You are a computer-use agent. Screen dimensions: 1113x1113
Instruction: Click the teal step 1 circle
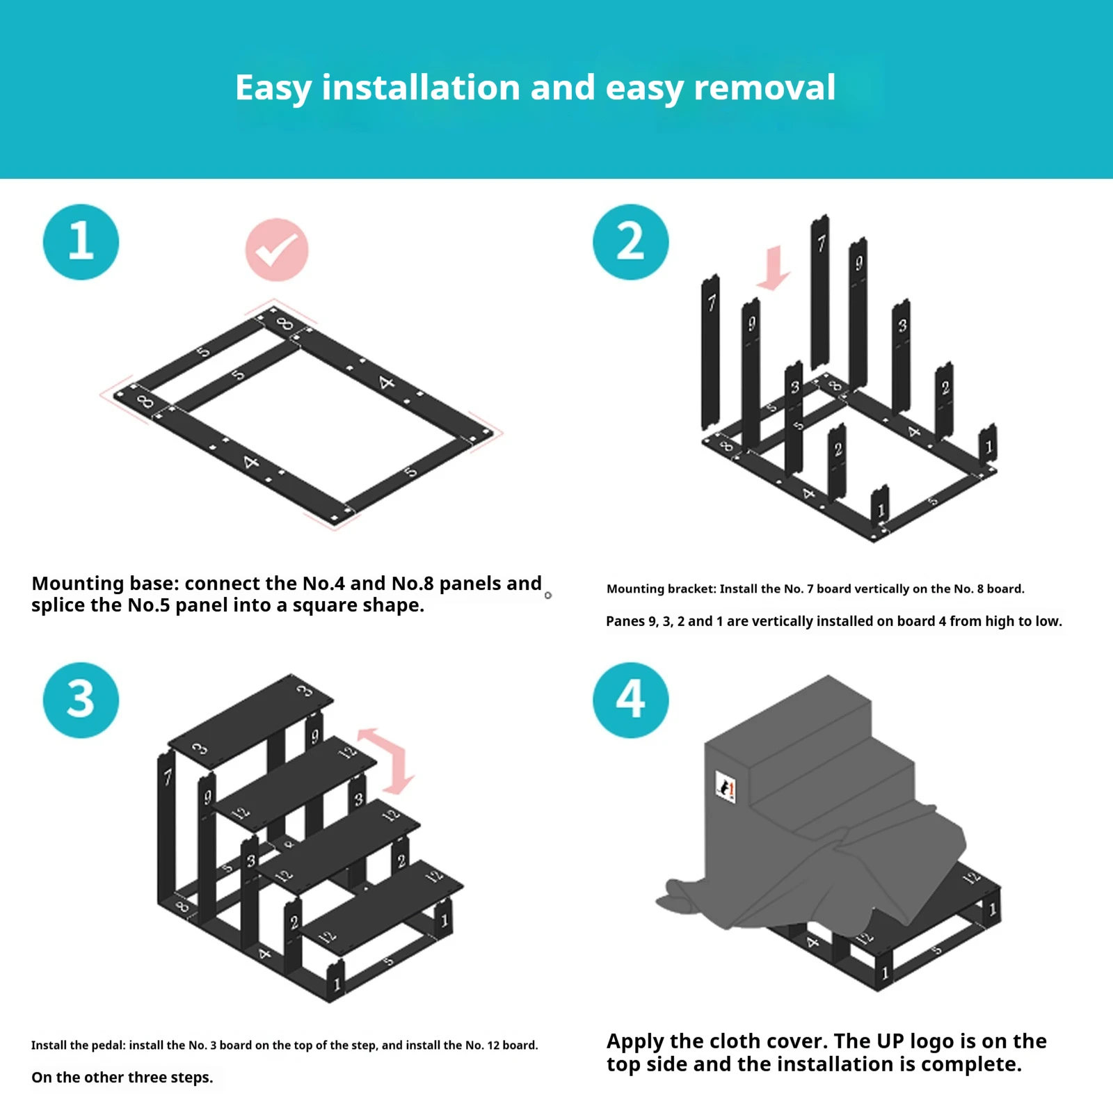coord(81,242)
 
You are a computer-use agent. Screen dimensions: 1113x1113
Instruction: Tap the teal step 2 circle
coord(630,242)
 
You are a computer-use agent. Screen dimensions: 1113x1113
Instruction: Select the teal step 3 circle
coord(81,700)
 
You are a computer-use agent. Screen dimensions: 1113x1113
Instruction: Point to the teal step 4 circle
coord(630,700)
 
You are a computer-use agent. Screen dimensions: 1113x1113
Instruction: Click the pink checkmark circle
coord(276,250)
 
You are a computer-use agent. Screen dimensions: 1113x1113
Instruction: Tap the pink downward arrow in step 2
coord(773,268)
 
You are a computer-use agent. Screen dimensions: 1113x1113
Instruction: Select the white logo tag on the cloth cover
coord(726,787)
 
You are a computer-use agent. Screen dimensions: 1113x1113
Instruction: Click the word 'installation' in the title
coord(420,88)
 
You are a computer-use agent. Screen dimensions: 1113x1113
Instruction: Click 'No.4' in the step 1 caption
coord(323,583)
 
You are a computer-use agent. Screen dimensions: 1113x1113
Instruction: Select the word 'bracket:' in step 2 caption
coord(691,589)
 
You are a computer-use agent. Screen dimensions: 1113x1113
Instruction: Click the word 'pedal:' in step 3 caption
coord(106,1045)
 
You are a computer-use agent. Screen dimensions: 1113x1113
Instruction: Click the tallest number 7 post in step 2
coord(820,292)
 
